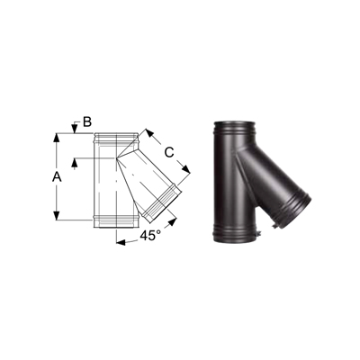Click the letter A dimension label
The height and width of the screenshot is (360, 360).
point(57,177)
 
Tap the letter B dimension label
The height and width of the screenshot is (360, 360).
point(87,122)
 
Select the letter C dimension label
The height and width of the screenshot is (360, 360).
point(169,152)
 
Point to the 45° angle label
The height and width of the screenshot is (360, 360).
point(148,236)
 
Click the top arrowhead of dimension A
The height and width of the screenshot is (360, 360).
point(57,138)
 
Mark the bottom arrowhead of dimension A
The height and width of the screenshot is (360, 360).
point(57,215)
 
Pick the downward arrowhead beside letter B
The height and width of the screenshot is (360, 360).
point(74,130)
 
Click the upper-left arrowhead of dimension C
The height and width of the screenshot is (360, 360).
point(149,133)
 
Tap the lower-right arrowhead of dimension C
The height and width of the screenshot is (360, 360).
point(186,169)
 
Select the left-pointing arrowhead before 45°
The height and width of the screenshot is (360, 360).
point(121,242)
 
